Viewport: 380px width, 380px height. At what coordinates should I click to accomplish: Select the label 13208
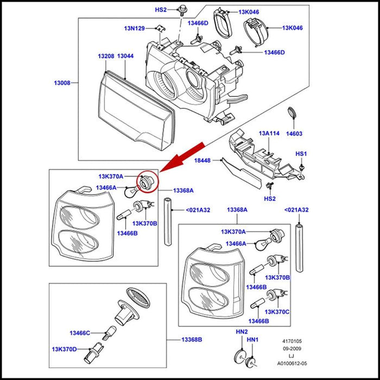[106, 56]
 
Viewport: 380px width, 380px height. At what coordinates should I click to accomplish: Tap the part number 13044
[125, 56]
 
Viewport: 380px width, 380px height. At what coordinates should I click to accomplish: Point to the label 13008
[61, 83]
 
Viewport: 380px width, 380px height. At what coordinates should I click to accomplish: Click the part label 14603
[294, 133]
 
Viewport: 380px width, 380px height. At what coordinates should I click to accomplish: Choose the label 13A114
[269, 133]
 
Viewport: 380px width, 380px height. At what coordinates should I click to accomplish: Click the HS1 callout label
[301, 154]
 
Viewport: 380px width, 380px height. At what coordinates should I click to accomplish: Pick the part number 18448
[202, 161]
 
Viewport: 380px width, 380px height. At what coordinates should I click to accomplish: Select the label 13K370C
[277, 312]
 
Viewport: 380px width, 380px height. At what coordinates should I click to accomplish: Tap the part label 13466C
[80, 333]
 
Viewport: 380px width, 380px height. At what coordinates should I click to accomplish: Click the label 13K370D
[65, 349]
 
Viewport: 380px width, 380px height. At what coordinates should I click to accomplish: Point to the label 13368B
[192, 340]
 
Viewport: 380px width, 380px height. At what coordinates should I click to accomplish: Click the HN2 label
[242, 332]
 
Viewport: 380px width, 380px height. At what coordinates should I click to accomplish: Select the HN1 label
[254, 340]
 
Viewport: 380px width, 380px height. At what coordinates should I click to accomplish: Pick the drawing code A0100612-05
[292, 364]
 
